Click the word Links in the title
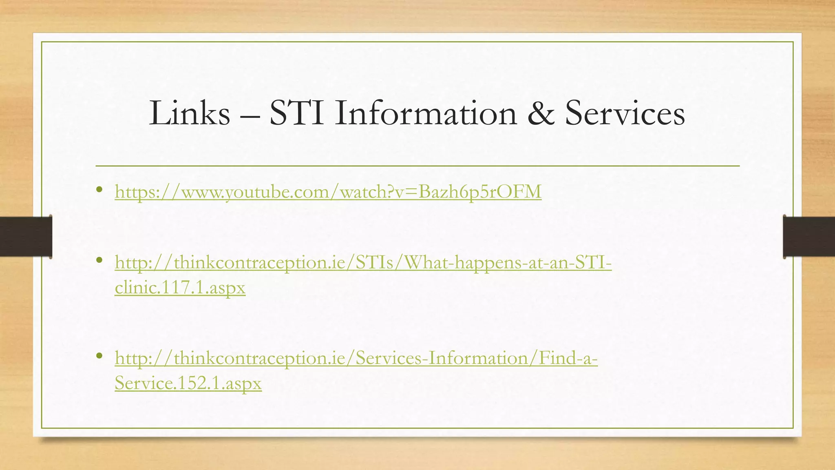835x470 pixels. pyautogui.click(x=190, y=113)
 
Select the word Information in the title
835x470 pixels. pyautogui.click(x=426, y=113)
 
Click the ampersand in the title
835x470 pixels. pyautogui.click(x=541, y=113)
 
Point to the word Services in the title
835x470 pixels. pyautogui.click(x=625, y=113)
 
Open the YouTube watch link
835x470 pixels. pyautogui.click(x=328, y=191)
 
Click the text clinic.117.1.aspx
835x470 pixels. pyautogui.click(x=180, y=288)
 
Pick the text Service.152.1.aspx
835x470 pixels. pyautogui.click(x=188, y=383)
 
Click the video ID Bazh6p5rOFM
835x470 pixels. pyautogui.click(x=480, y=191)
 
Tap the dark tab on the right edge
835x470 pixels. pyautogui.click(x=809, y=237)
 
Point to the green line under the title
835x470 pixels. pyautogui.click(x=417, y=166)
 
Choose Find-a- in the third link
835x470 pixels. pyautogui.click(x=568, y=358)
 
